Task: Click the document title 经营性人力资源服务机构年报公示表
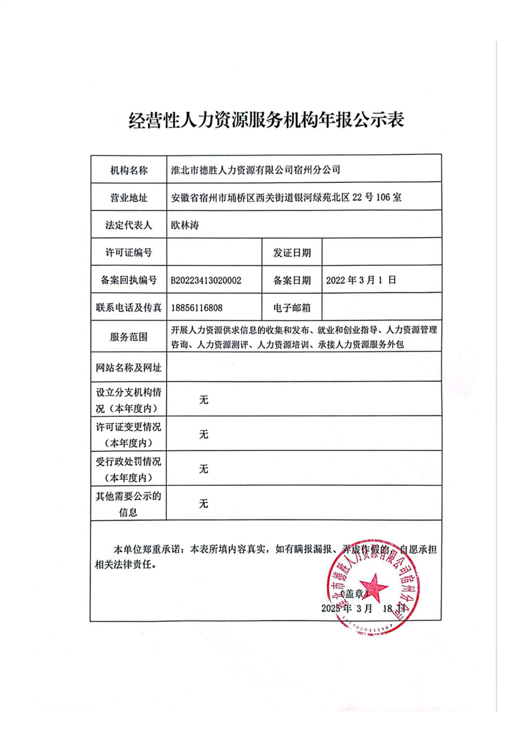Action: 266,121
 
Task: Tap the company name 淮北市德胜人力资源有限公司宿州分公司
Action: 255,170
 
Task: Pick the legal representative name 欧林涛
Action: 186,225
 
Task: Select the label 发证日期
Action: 292,253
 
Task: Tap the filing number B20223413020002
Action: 206,280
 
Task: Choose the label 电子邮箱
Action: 292,308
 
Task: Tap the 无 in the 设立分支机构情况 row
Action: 204,400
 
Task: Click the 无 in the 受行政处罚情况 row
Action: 204,468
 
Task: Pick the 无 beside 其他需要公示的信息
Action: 204,503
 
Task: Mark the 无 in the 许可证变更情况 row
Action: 204,434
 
